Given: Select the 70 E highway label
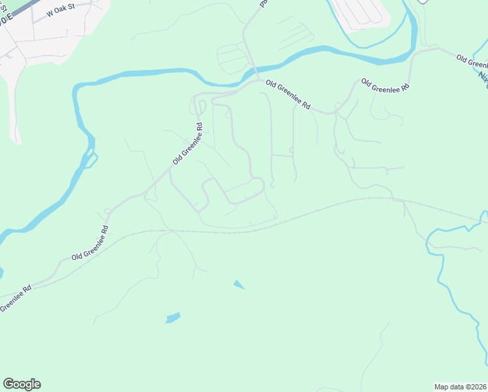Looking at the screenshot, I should (5, 20).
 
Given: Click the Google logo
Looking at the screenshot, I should (22, 384).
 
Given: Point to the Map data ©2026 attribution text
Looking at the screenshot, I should (459, 387).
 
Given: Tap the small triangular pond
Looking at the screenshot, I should (239, 285).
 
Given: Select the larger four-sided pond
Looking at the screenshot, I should (173, 318).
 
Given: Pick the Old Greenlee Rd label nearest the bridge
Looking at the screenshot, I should (288, 95).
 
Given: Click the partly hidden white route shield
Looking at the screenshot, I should (423, 2).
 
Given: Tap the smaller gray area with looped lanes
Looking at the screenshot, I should (233, 57).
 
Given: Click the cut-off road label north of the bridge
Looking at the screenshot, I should (264, 3).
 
